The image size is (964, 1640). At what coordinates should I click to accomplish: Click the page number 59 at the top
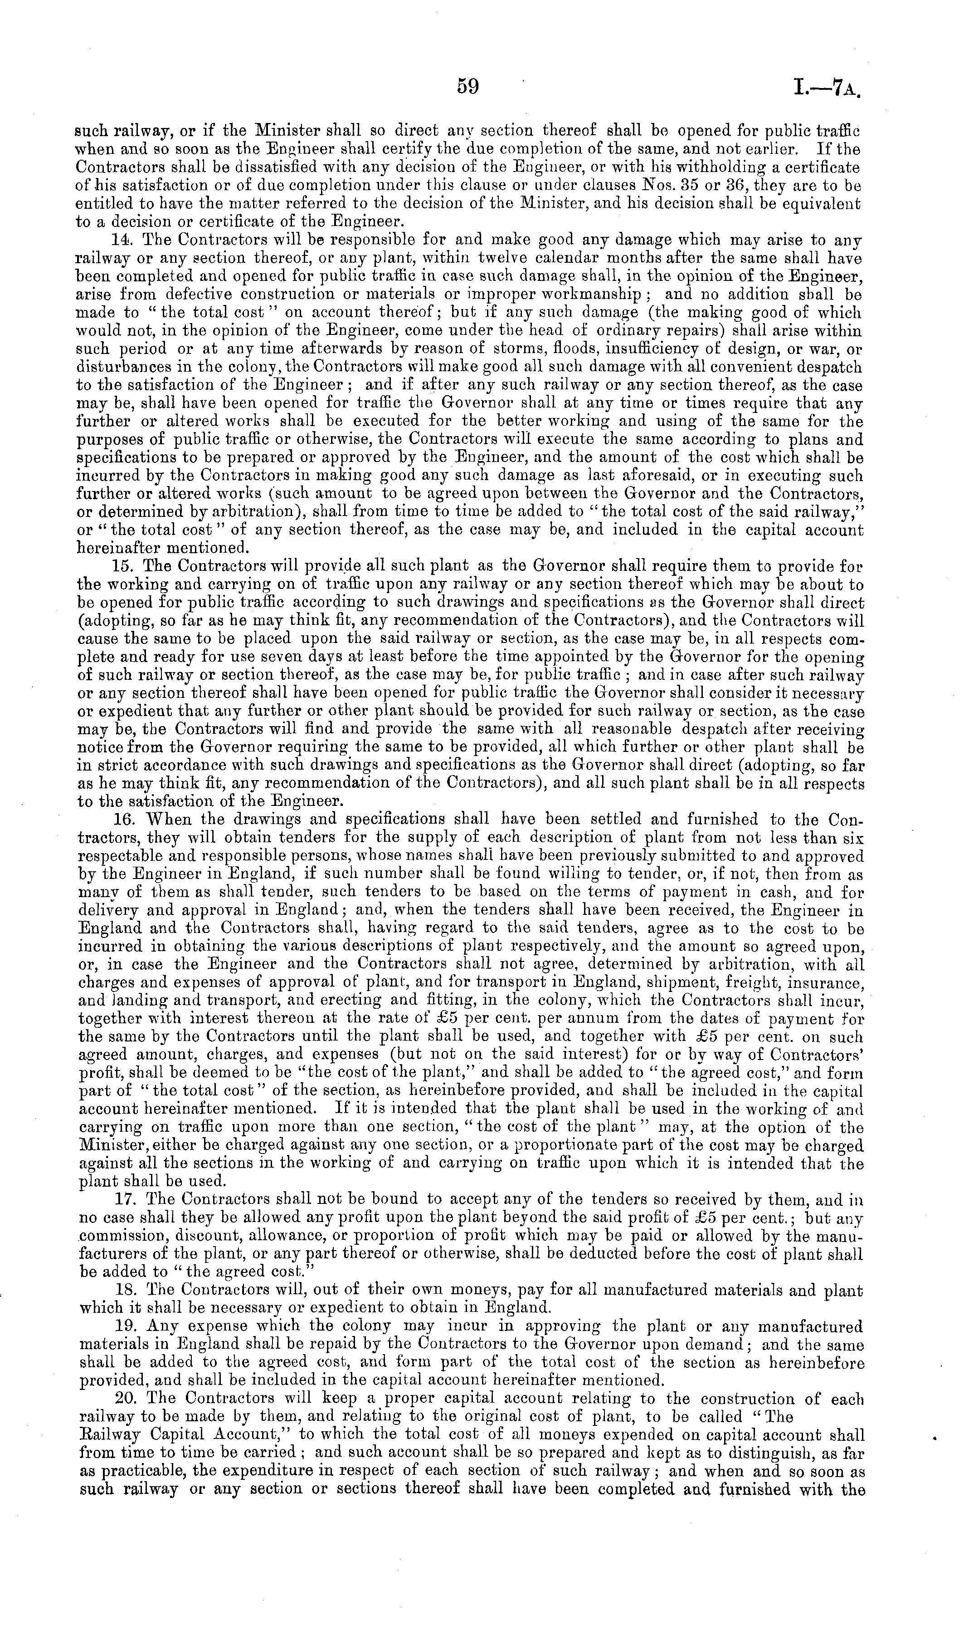467,87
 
